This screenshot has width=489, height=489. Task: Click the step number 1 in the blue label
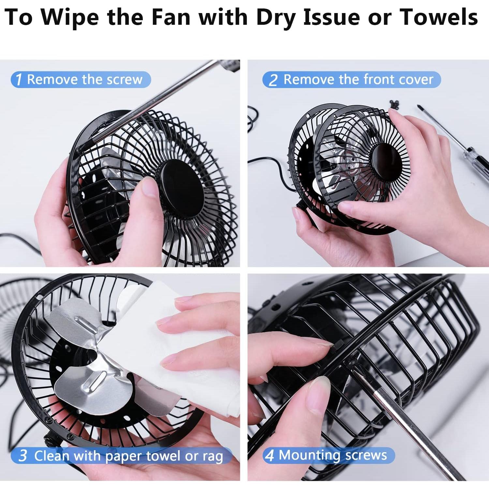19,80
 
